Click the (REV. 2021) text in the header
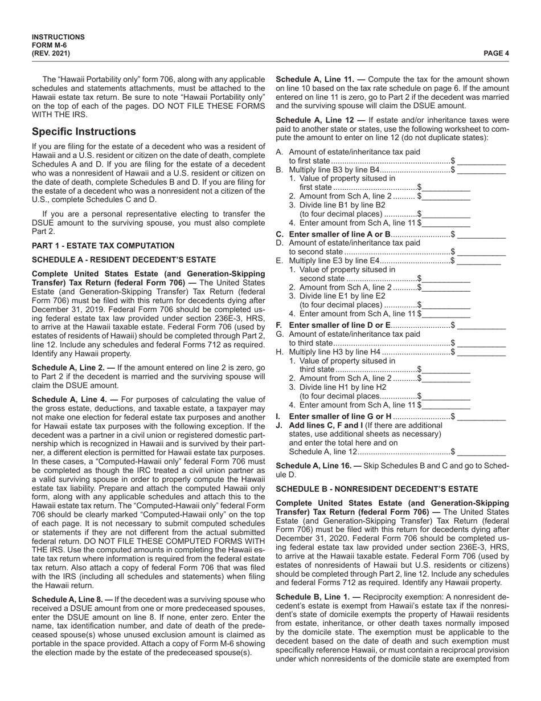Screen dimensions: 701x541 point(51,54)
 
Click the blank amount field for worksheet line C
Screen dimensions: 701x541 point(481,234)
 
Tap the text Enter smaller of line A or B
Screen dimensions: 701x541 point(339,234)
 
